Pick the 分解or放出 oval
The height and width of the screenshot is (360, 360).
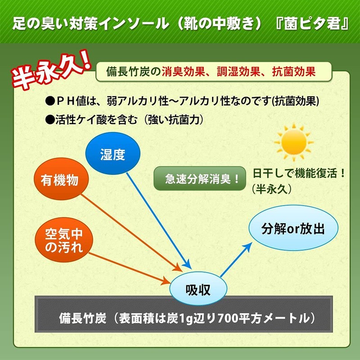(293, 229)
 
